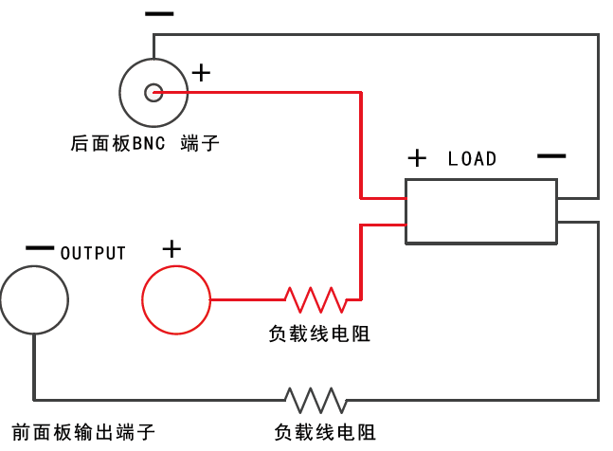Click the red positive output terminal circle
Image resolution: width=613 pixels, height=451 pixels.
176,299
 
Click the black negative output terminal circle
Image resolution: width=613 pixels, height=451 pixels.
34,299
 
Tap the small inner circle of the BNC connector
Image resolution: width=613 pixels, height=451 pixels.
153,92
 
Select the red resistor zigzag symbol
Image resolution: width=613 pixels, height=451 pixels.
316,299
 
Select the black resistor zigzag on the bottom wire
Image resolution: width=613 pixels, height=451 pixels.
315,398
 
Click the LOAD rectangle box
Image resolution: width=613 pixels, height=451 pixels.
480,210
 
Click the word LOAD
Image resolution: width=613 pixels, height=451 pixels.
472,158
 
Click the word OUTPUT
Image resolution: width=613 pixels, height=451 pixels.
93,253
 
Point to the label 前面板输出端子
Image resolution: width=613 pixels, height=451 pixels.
82,432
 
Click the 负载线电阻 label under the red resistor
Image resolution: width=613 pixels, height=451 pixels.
319,334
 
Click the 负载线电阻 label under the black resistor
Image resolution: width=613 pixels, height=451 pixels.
325,432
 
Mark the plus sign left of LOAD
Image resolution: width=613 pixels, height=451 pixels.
417,157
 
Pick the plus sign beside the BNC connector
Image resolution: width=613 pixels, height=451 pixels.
201,72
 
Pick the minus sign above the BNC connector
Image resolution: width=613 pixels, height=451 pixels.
159,14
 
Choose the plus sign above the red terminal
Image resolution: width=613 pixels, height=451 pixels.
171,249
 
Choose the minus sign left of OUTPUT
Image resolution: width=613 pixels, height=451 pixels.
40,248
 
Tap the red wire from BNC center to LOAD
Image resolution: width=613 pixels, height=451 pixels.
360,142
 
